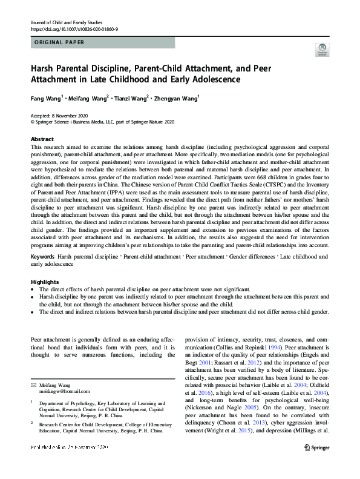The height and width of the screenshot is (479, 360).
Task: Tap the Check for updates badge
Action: pyautogui.click(x=322, y=50)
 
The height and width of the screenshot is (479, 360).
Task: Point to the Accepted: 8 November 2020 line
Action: pyautogui.click(x=61, y=116)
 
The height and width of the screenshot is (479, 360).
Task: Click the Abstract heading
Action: pyautogui.click(x=42, y=139)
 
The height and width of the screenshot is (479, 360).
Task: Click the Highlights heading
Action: pyautogui.click(x=45, y=282)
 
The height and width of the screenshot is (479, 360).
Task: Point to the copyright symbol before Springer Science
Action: pyautogui.click(x=33, y=122)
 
